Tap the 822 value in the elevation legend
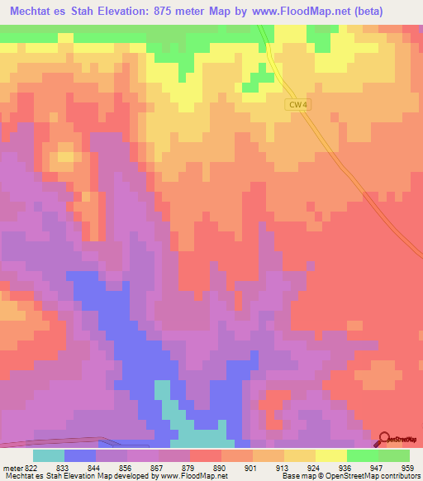click(x=31, y=467)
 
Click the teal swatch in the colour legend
click(x=49, y=455)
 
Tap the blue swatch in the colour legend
click(x=80, y=455)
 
